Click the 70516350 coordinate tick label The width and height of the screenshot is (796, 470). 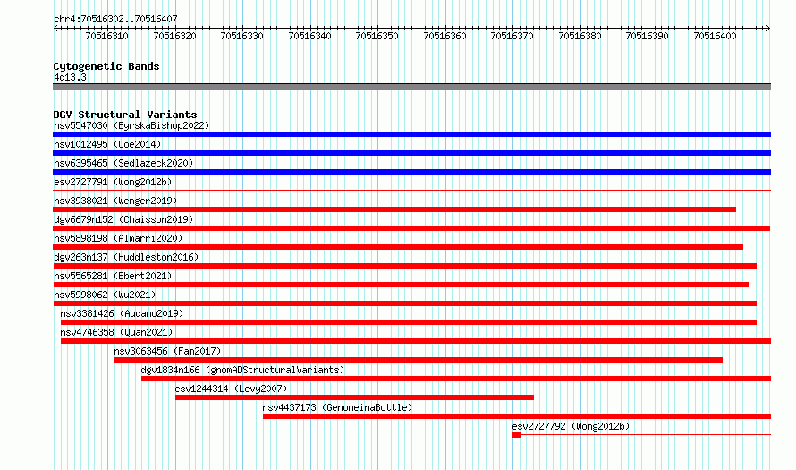click(377, 36)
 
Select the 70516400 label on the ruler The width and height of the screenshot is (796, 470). click(715, 36)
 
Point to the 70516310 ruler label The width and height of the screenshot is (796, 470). click(106, 36)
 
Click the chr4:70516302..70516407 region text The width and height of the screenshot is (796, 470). click(115, 20)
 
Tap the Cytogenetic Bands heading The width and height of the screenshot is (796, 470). click(106, 66)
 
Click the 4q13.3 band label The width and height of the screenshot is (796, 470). click(70, 77)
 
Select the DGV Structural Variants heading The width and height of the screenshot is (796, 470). click(125, 115)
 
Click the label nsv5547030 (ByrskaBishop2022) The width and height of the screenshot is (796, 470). click(131, 125)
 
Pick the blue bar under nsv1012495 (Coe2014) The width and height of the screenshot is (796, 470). click(411, 153)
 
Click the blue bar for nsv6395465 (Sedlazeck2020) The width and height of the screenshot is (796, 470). click(411, 172)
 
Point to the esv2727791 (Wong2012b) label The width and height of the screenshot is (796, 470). click(113, 182)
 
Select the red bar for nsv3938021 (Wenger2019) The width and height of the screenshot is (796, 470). click(394, 209)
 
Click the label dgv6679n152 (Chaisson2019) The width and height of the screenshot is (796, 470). click(123, 219)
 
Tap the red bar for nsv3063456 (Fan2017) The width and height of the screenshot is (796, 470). click(419, 360)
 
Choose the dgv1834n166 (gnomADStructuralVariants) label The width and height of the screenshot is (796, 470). click(242, 370)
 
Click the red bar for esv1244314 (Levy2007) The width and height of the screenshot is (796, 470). click(354, 397)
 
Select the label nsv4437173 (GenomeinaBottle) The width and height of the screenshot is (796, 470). click(337, 407)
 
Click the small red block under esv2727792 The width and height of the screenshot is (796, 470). click(516, 435)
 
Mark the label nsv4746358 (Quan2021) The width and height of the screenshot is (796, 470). click(116, 332)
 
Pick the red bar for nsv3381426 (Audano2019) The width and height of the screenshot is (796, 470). click(409, 322)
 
